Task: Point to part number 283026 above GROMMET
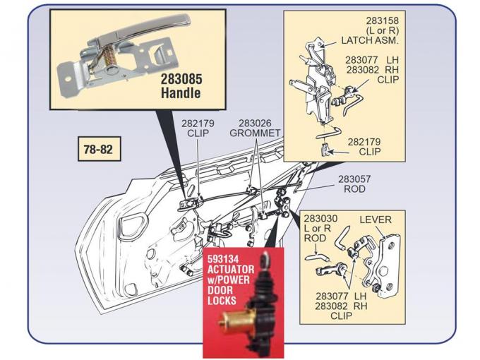point(255,121)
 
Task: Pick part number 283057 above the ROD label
point(354,179)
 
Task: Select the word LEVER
point(375,220)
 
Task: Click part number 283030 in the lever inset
point(316,219)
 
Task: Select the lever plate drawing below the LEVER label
point(385,265)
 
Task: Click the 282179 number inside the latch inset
point(364,141)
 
